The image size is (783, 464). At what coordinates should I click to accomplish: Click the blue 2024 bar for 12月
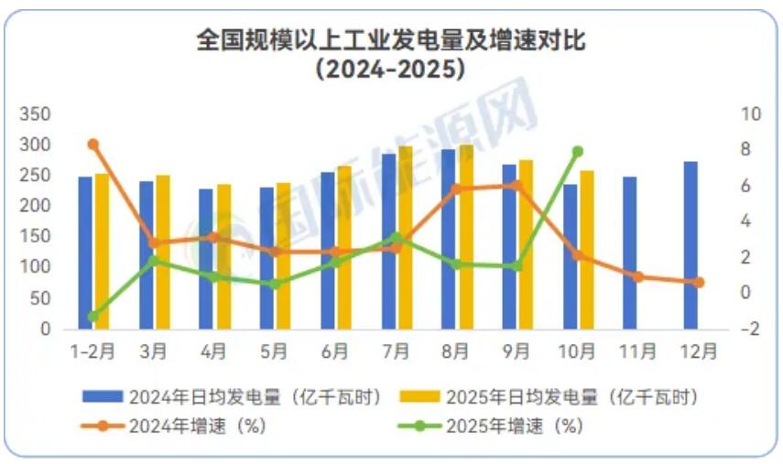691,245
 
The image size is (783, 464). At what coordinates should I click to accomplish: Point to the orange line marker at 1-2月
92,145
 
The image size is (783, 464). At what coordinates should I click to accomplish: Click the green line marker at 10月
578,151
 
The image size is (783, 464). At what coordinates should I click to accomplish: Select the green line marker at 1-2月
92,317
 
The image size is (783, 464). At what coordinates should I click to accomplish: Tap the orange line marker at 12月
699,283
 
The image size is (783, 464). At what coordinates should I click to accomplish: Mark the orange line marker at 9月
517,185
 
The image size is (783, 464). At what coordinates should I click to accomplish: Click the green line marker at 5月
275,284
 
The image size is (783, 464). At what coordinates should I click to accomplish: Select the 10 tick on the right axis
751,115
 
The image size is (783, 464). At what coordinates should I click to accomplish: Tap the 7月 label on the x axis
396,351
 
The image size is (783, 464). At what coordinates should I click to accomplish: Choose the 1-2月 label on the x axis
92,351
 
